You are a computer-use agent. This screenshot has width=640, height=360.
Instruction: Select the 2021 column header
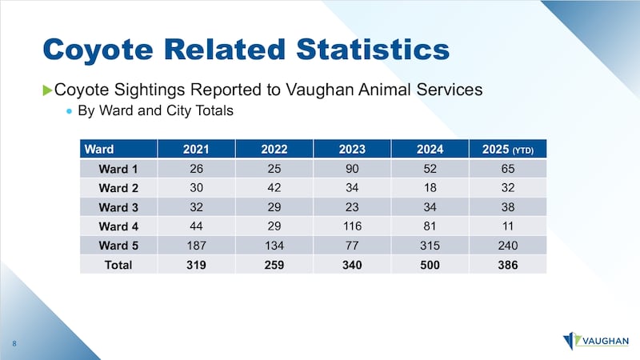[196, 149]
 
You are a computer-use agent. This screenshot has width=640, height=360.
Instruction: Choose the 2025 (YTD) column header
[508, 149]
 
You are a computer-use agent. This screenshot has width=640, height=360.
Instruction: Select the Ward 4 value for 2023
[352, 226]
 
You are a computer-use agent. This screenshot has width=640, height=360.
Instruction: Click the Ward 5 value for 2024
[430, 246]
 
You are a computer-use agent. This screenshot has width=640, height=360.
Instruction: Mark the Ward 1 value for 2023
[352, 169]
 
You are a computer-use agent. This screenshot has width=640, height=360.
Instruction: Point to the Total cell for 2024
[430, 264]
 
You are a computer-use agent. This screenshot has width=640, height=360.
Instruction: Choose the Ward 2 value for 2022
[274, 188]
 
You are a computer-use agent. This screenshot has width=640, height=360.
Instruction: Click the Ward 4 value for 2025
[508, 226]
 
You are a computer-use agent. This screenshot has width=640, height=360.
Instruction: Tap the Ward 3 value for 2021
[196, 207]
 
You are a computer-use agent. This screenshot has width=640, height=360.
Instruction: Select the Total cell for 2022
[274, 264]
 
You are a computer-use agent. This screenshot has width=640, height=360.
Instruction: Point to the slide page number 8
[15, 344]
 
